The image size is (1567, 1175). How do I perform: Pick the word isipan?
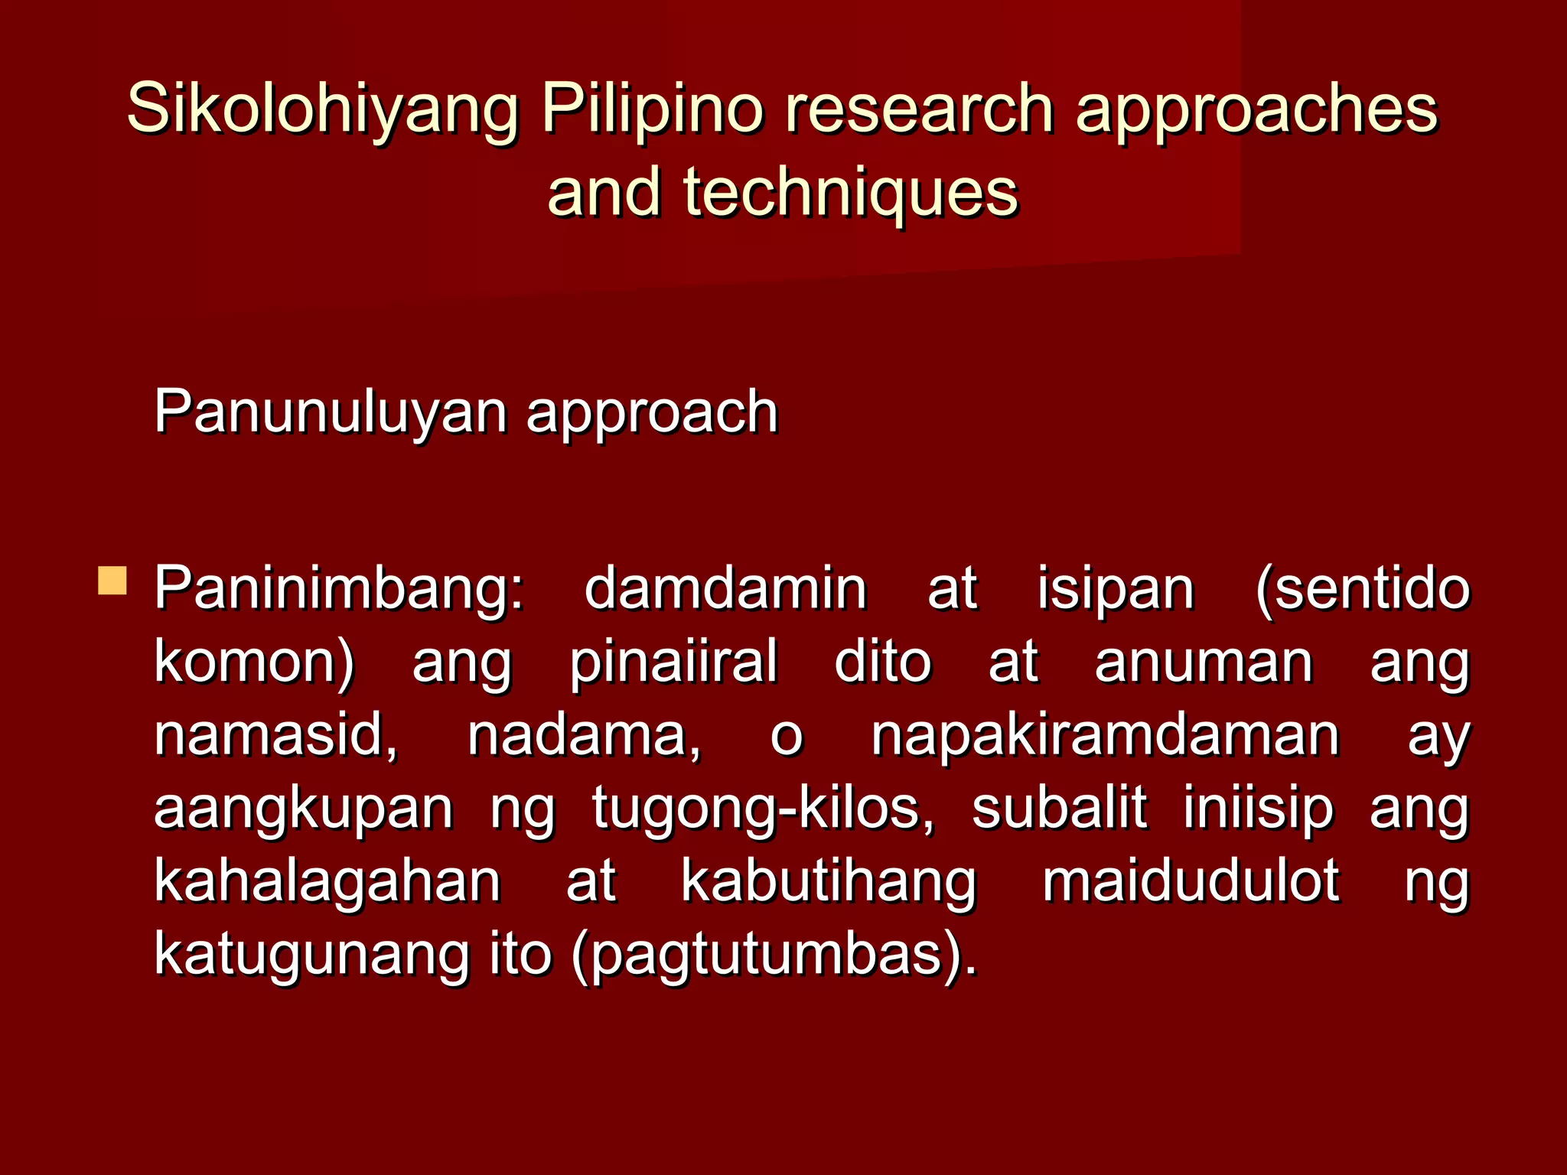point(1115,589)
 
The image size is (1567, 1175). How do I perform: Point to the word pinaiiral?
point(673,661)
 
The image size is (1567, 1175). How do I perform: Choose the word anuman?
point(1204,661)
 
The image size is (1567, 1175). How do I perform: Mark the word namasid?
point(275,734)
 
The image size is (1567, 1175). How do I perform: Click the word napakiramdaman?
point(1105,735)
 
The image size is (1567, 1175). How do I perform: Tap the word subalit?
point(1059,806)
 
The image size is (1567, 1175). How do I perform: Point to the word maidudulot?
point(1191,880)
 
